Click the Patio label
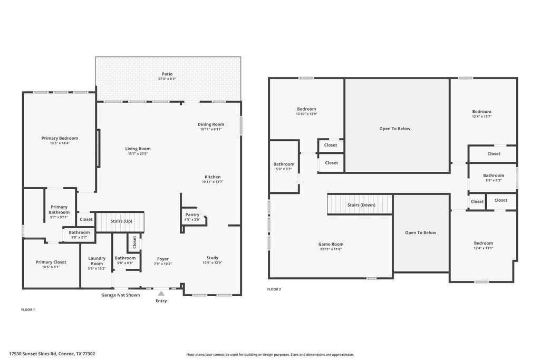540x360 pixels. click(167, 74)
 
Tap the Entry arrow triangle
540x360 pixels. click(161, 293)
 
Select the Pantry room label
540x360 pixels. click(192, 215)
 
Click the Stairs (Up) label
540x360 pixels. click(121, 221)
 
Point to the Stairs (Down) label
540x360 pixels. click(361, 205)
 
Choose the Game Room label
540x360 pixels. click(331, 245)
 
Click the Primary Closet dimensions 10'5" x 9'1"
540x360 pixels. click(51, 267)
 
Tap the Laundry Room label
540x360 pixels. click(97, 261)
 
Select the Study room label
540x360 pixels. click(213, 258)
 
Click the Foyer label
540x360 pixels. click(163, 259)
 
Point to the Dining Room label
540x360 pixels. click(211, 124)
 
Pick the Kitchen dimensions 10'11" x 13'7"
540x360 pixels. click(213, 182)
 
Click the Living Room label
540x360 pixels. click(138, 149)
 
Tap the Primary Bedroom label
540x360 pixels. click(60, 138)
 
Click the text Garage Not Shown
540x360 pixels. click(121, 295)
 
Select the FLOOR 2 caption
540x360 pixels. click(274, 289)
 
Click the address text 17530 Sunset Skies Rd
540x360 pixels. click(33, 354)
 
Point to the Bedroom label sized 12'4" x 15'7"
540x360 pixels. click(482, 112)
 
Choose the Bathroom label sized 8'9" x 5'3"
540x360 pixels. click(494, 176)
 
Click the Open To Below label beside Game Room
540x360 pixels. click(420, 232)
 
